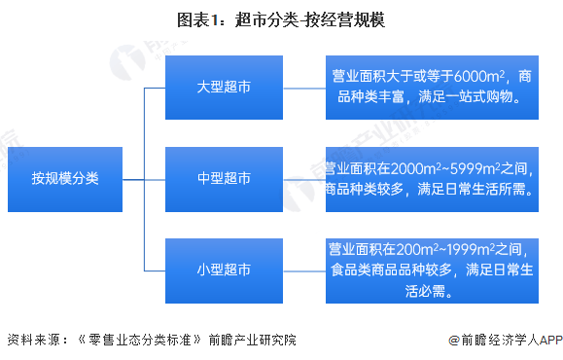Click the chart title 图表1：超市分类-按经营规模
coord(280,19)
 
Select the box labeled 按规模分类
coord(64,179)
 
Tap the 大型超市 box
coord(223,88)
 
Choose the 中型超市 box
coord(223,179)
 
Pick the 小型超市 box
coord(223,270)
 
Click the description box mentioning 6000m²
coord(431,88)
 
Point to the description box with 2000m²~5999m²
coord(431,179)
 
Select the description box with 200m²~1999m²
coord(431,270)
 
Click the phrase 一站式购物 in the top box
coord(483,98)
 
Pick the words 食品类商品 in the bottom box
coord(367,270)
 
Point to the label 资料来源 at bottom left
coord(30,341)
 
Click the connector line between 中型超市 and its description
coord(302,179)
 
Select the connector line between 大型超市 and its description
coord(302,88)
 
